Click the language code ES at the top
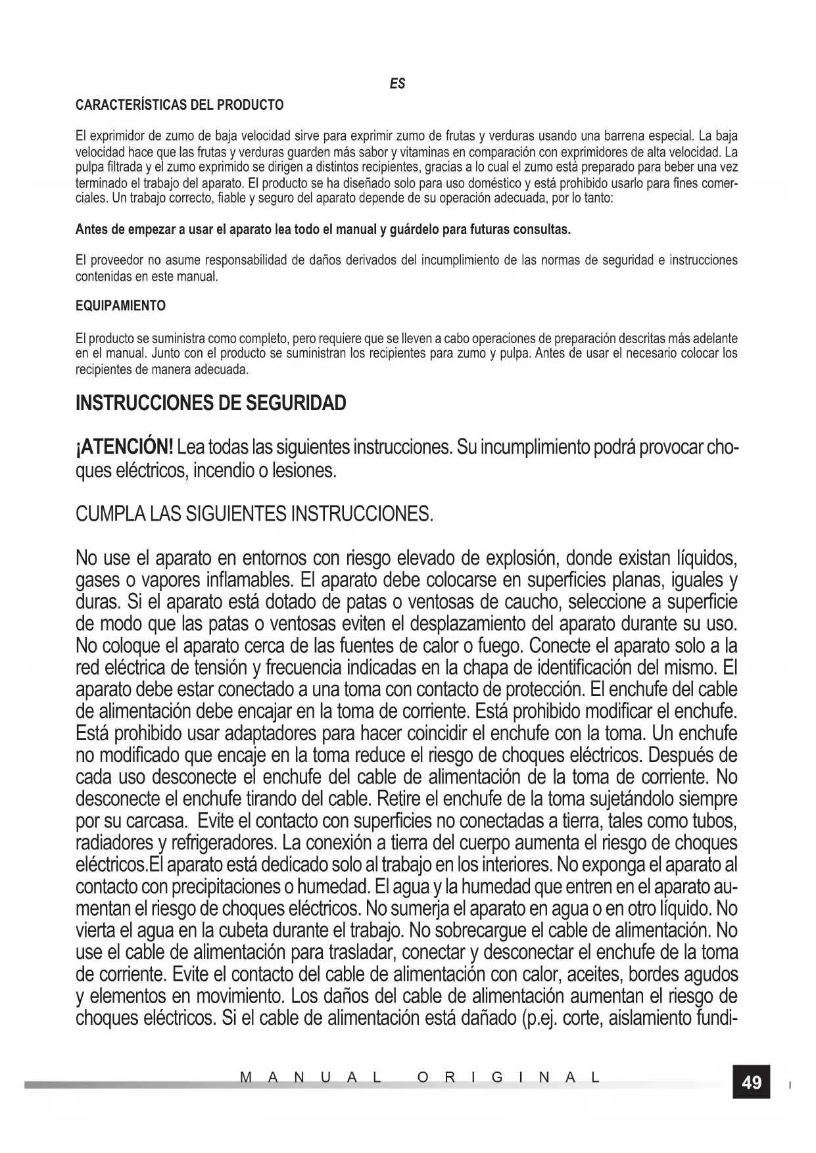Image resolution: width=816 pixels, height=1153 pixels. [x=397, y=83]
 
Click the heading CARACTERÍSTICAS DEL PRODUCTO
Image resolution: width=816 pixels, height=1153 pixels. [x=180, y=105]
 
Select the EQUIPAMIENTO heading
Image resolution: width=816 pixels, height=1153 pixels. [x=120, y=306]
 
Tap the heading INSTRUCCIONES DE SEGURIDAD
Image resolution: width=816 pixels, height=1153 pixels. [x=211, y=403]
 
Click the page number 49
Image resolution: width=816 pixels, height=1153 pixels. [x=751, y=1083]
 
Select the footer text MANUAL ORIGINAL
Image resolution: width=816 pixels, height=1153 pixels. [x=420, y=1078]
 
